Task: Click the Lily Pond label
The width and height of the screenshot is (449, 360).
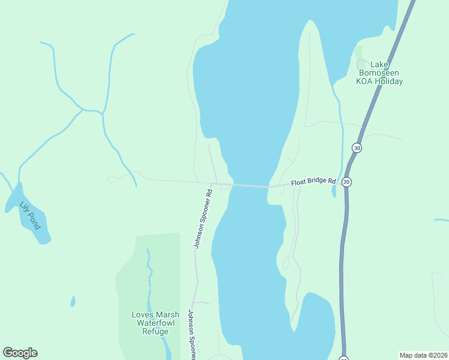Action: pyautogui.click(x=29, y=215)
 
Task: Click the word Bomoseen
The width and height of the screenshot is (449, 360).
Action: pyautogui.click(x=379, y=73)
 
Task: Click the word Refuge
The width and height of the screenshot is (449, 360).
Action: pyautogui.click(x=155, y=331)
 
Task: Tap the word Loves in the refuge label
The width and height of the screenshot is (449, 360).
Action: pyautogui.click(x=142, y=314)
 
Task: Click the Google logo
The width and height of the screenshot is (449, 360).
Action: pyautogui.click(x=20, y=353)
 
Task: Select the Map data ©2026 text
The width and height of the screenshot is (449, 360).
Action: pyautogui.click(x=423, y=355)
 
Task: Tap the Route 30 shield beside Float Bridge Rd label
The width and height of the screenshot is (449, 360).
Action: pyautogui.click(x=346, y=182)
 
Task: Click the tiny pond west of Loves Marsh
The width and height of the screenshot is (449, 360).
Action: pyautogui.click(x=73, y=301)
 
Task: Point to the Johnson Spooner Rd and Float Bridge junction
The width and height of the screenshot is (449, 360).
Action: pyautogui.click(x=214, y=183)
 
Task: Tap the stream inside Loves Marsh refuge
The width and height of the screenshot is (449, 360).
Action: pyautogui.click(x=149, y=276)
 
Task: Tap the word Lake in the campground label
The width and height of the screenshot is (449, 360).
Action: pyautogui.click(x=379, y=64)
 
